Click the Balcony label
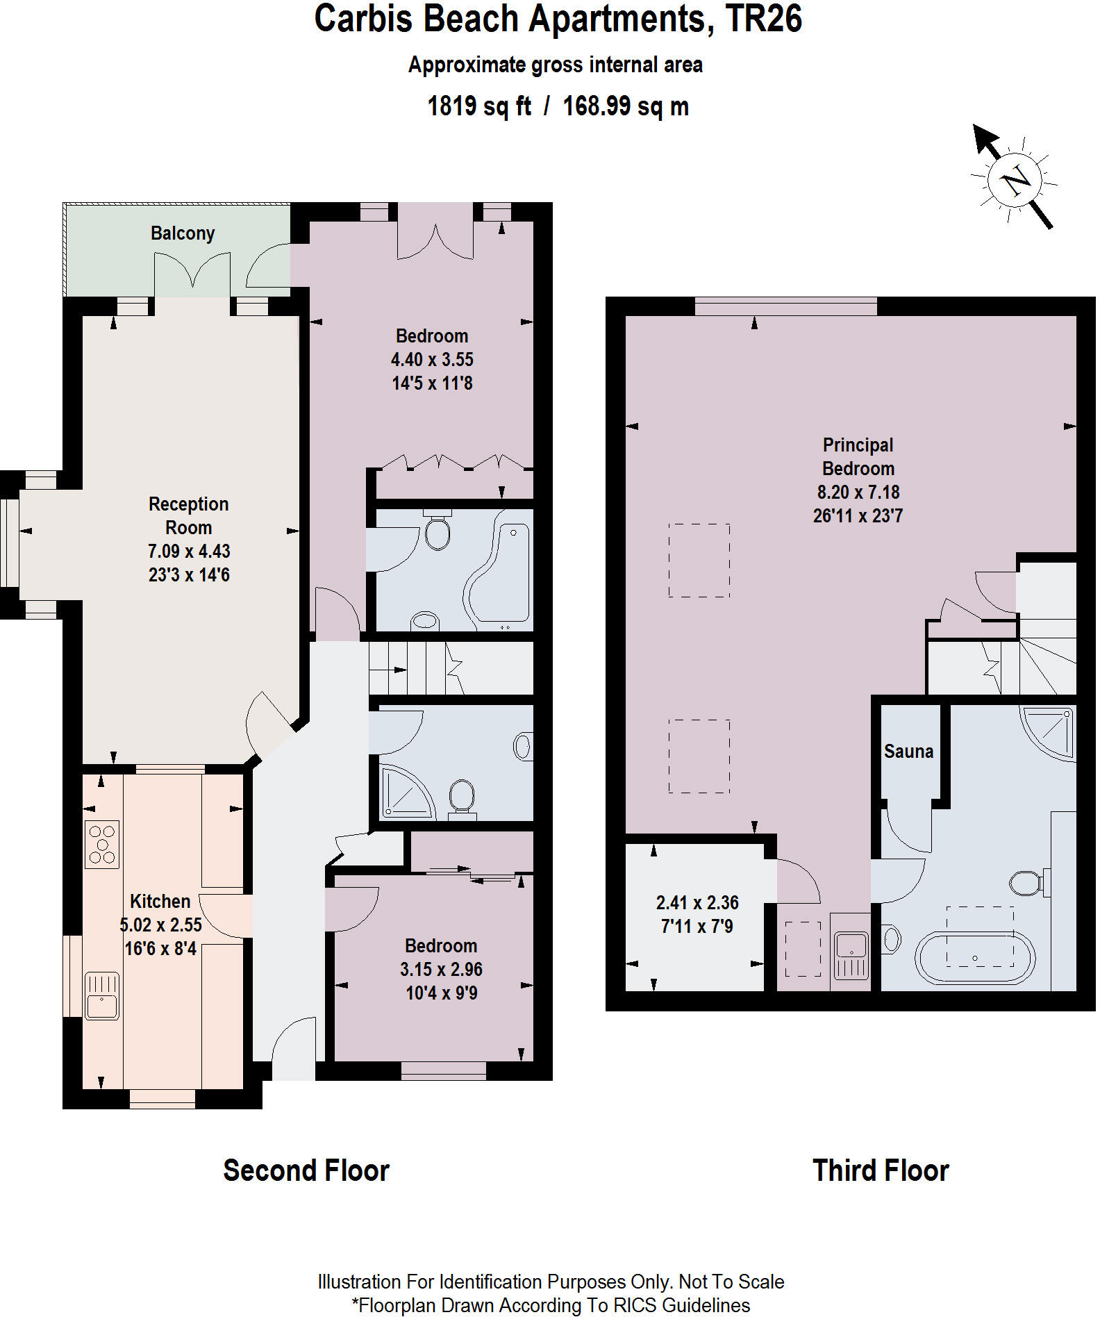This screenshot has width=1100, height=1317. coord(182,233)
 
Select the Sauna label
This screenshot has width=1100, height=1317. coord(908,751)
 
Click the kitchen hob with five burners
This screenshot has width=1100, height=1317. coord(102,844)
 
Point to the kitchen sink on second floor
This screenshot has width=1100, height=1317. coord(101,995)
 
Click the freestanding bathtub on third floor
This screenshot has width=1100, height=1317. coord(974,958)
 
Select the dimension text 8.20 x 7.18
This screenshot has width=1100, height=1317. coord(858,492)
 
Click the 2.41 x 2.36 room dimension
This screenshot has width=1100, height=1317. coord(697,902)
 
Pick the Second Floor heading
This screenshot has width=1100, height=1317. coord(306,1170)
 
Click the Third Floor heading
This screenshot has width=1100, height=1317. coord(880,1170)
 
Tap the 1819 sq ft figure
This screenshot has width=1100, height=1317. coord(478,106)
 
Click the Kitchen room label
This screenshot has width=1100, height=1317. coord(160,901)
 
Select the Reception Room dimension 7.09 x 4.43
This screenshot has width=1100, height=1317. coord(188,551)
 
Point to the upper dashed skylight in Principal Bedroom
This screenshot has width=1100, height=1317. coord(699,560)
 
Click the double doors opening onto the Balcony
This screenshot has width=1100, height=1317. coord(192,272)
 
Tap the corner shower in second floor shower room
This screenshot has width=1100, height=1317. coord(405,793)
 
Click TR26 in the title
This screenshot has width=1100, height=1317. coord(763,19)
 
